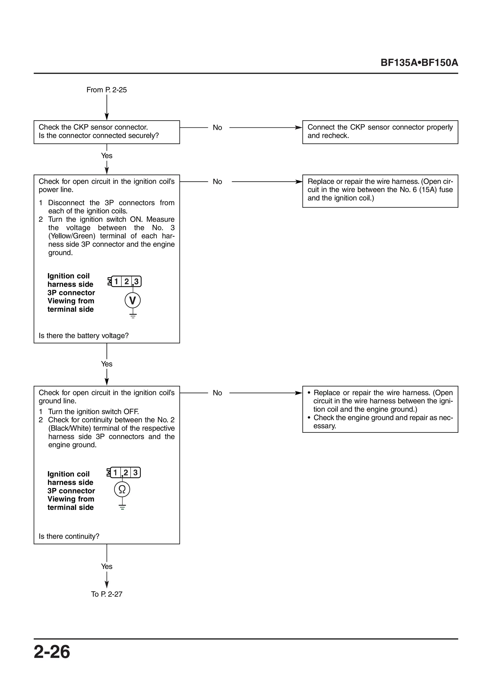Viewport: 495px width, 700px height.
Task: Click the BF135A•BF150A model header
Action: [x=419, y=63]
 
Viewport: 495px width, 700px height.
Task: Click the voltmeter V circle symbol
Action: [x=133, y=301]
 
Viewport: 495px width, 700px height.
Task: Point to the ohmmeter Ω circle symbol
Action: [x=122, y=489]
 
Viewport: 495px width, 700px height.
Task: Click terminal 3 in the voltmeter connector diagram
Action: [x=136, y=281]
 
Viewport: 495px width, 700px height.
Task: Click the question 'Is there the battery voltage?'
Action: [x=84, y=336]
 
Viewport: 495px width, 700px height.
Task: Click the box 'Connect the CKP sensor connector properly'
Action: [x=380, y=132]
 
